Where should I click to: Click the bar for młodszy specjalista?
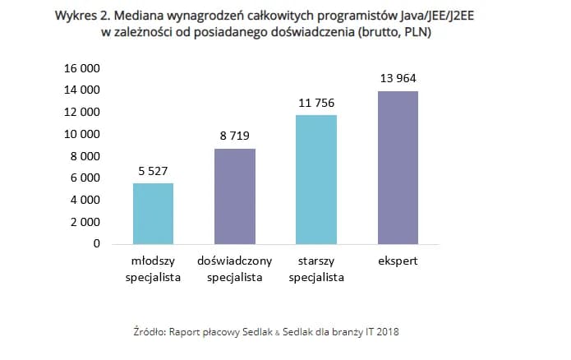pyautogui.click(x=153, y=213)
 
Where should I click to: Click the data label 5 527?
pyautogui.click(x=153, y=171)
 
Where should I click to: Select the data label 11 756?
pyautogui.click(x=316, y=103)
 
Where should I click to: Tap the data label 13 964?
pyautogui.click(x=398, y=78)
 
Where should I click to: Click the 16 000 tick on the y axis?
pyautogui.click(x=81, y=67)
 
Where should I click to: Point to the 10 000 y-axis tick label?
pyautogui.click(x=81, y=134)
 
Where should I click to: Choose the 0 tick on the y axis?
pyautogui.click(x=96, y=244)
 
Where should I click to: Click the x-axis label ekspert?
pyautogui.click(x=398, y=261)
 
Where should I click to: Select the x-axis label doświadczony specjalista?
pyautogui.click(x=235, y=269)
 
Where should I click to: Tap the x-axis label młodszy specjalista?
pyautogui.click(x=153, y=269)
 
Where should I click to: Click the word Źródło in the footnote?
pyautogui.click(x=150, y=331)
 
